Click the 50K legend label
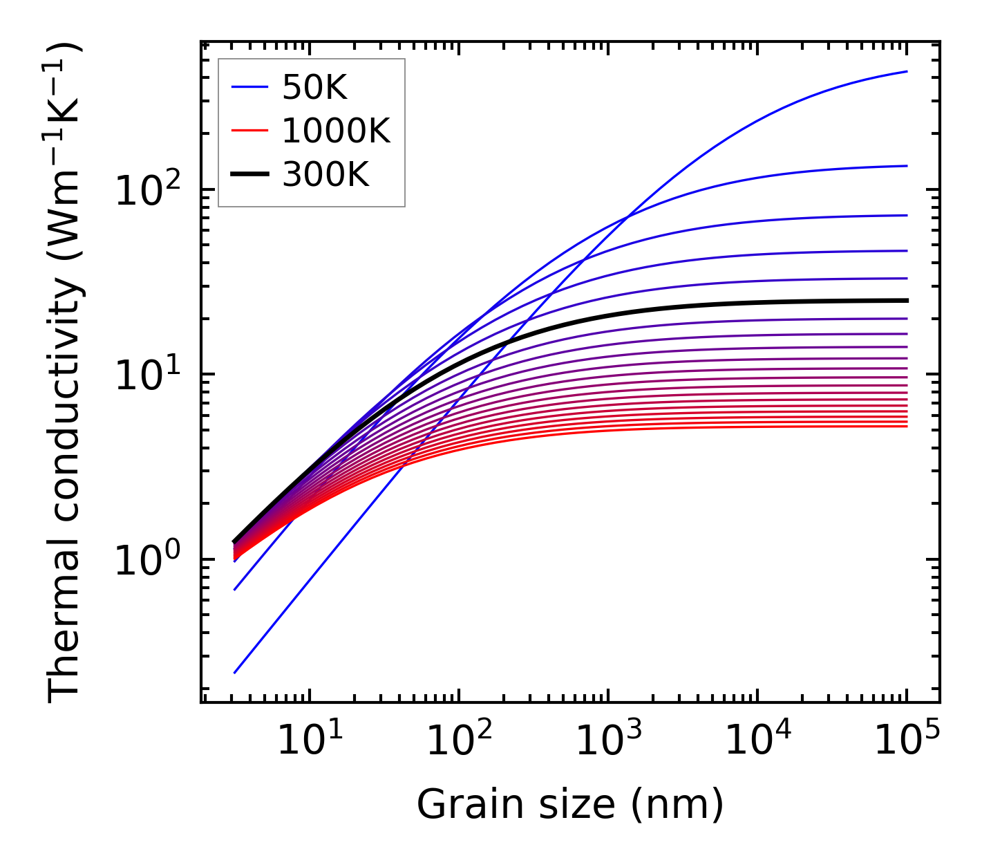[x=314, y=88]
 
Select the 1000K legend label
[x=336, y=131]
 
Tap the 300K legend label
[x=325, y=175]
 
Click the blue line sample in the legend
[x=249, y=88]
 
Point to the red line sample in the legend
[x=249, y=131]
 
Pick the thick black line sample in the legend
[x=249, y=175]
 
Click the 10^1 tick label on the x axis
[x=308, y=742]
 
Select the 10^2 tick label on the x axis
[x=458, y=742]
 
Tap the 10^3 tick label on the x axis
[x=607, y=742]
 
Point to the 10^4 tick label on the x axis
[x=757, y=742]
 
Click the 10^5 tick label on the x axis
[x=907, y=742]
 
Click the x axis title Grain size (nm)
[x=570, y=805]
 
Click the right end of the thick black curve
[x=907, y=301]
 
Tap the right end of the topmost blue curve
[x=907, y=71]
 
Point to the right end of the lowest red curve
[x=907, y=426]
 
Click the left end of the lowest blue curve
[x=235, y=672]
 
